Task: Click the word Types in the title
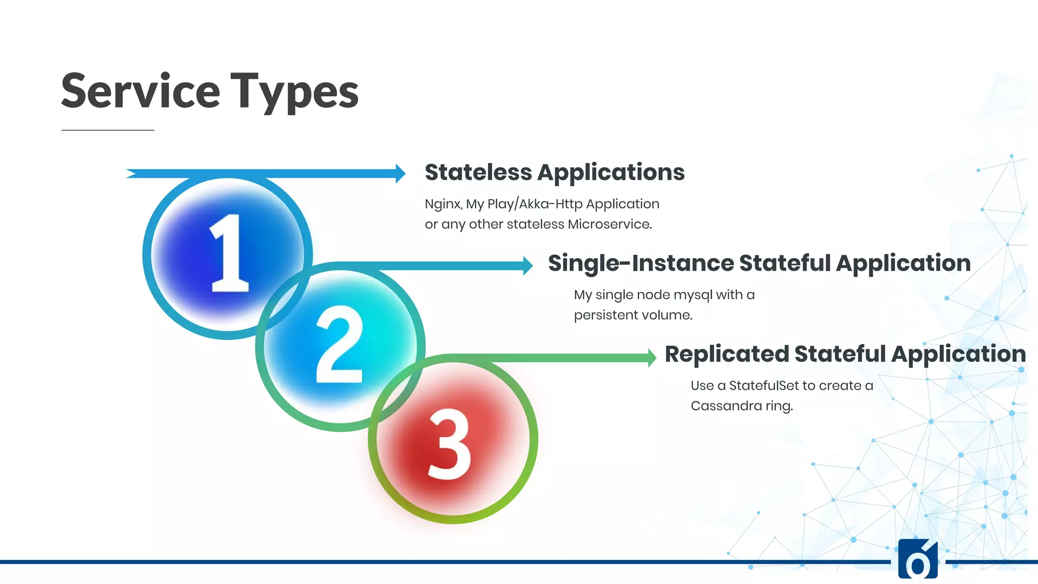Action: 294,91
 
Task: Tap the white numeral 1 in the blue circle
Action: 229,253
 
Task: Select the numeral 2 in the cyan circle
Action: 339,345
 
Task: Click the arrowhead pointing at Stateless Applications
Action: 400,173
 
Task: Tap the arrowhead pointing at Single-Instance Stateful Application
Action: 528,265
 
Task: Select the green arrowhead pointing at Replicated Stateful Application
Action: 652,357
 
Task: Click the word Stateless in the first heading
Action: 478,172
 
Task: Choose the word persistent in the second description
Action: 603,315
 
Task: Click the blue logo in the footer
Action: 917,560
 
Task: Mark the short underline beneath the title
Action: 107,130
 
